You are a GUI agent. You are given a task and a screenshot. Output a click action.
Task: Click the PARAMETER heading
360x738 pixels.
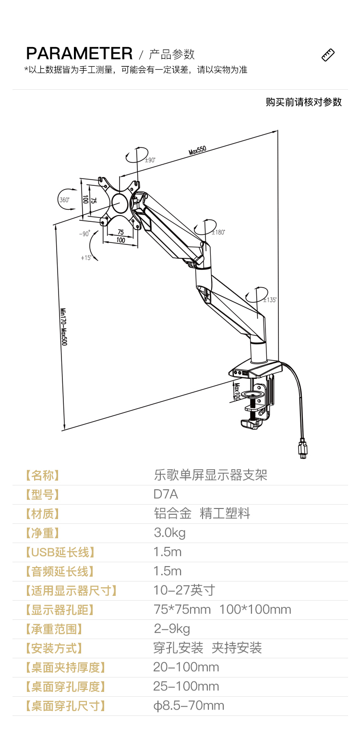(79, 53)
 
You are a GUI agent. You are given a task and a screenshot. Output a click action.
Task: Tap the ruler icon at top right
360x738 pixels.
(328, 55)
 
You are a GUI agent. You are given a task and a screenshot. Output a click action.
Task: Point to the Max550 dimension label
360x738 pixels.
(197, 150)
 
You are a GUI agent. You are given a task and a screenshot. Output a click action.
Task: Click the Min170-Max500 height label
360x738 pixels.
(64, 327)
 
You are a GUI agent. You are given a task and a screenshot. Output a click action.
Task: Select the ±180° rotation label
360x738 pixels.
(218, 232)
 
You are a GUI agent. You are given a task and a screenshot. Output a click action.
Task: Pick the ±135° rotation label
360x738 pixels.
(270, 300)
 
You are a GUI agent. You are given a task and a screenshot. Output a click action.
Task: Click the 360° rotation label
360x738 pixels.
(64, 200)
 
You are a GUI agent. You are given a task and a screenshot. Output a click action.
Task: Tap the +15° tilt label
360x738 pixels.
(86, 258)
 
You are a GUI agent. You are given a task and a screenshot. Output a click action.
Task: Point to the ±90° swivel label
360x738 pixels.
(150, 160)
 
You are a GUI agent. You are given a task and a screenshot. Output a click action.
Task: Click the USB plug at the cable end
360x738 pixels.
(302, 448)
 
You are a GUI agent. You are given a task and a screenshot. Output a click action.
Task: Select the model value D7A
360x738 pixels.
(166, 494)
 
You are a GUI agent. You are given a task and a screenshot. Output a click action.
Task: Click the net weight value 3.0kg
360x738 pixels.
(169, 532)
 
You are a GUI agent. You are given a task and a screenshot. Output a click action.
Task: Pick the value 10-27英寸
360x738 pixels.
(184, 590)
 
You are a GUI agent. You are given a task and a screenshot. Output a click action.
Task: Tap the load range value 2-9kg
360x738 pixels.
(171, 629)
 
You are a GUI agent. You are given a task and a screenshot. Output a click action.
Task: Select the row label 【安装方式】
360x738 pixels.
(53, 648)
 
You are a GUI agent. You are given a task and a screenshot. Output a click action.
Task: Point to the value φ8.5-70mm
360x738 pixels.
(189, 705)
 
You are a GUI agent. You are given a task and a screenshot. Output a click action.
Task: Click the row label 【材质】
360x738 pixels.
(43, 514)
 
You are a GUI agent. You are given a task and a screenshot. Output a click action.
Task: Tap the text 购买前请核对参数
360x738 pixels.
(304, 102)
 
